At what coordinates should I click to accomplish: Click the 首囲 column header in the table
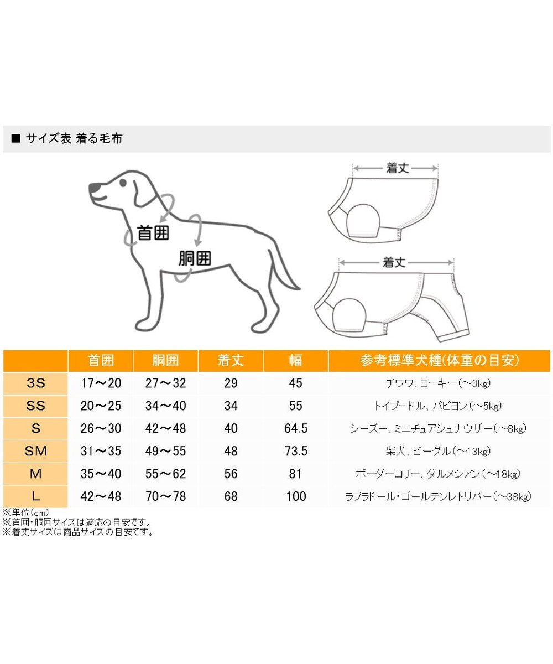click(101, 361)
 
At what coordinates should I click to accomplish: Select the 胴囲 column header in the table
click(165, 361)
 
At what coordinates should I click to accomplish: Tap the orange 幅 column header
click(295, 361)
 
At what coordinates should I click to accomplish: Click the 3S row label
click(35, 383)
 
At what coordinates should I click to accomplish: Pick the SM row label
click(35, 451)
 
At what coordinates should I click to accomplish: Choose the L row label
click(35, 496)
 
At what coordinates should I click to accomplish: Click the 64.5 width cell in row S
click(296, 428)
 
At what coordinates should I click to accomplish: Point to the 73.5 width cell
click(296, 451)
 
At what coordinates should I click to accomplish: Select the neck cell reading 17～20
click(101, 383)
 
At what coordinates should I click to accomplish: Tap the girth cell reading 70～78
click(165, 496)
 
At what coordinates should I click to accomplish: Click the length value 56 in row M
click(231, 474)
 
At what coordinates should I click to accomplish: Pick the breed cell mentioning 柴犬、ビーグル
click(439, 451)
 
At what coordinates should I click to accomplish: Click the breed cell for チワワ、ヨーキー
click(439, 383)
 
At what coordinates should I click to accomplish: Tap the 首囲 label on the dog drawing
click(153, 233)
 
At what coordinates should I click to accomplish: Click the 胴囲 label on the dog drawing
click(195, 258)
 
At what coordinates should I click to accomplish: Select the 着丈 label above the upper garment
click(397, 168)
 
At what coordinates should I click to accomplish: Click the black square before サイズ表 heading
click(15, 139)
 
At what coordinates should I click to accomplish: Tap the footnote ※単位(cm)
click(26, 512)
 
